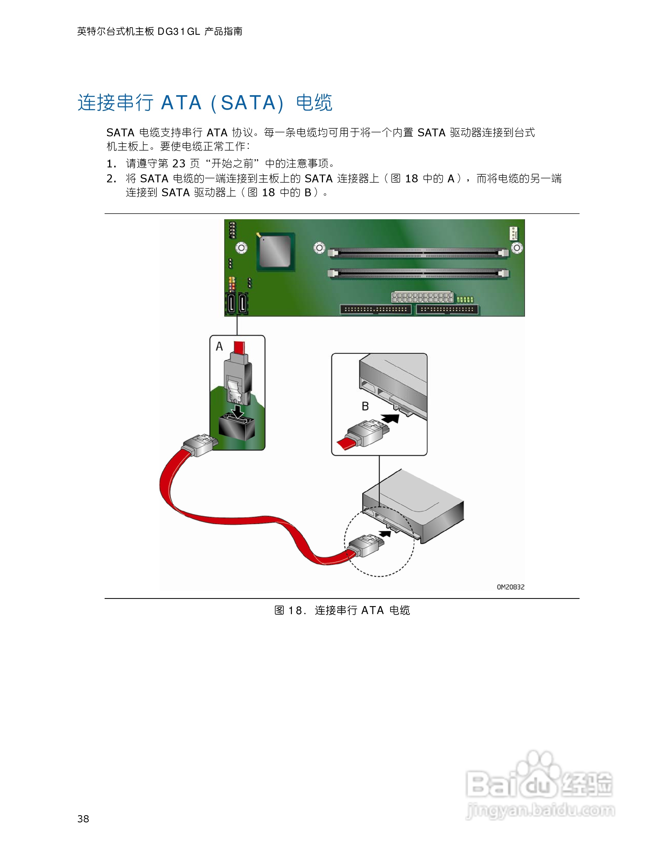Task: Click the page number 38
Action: [x=83, y=818]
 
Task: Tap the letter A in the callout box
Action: [x=219, y=346]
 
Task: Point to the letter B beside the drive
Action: [x=365, y=406]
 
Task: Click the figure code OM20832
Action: [x=510, y=587]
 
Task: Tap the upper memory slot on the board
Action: [x=418, y=253]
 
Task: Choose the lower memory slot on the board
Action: [x=418, y=274]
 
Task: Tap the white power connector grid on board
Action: [x=422, y=298]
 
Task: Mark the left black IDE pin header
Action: [x=376, y=310]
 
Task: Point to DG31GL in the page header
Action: [x=178, y=31]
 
